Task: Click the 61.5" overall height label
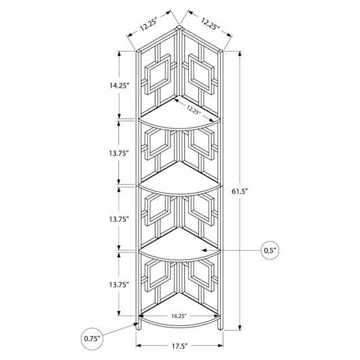[240, 191]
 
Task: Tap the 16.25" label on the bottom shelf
[179, 316]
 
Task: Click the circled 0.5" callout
[270, 250]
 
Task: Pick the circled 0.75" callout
[92, 339]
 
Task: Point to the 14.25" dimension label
[119, 86]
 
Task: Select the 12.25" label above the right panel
[210, 24]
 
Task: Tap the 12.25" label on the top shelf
[194, 109]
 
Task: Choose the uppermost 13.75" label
[119, 153]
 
